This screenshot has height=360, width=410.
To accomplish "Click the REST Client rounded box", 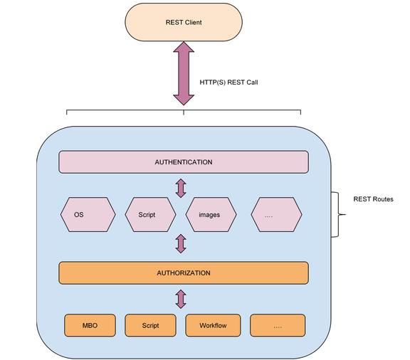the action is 184,22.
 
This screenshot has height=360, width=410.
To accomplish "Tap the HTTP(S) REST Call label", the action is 228,83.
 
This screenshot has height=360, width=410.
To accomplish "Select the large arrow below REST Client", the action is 184,73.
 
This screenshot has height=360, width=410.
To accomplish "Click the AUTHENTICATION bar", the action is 184,162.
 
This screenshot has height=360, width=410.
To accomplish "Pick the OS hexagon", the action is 88,215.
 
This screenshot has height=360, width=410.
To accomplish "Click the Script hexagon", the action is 151,215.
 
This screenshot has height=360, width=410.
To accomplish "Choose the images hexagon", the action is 211,215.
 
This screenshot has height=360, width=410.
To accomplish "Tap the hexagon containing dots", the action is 276,215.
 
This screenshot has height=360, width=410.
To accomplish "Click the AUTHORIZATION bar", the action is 184,273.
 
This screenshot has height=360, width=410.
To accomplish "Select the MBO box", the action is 90,325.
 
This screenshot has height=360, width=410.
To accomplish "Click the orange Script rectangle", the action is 151,325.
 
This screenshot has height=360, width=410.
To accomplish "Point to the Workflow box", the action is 213,325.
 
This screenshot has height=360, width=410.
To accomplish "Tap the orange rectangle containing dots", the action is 278,325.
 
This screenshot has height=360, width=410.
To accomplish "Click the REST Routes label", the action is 373,199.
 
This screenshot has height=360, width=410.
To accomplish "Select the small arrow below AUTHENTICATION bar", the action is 181,188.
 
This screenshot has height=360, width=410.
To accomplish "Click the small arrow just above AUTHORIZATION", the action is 181,243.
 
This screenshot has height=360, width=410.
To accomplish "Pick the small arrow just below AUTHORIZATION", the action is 181,299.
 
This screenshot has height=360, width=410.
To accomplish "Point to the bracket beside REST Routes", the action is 338,215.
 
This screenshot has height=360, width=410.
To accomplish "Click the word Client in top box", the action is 193,23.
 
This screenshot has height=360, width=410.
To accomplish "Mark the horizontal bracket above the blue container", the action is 184,110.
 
